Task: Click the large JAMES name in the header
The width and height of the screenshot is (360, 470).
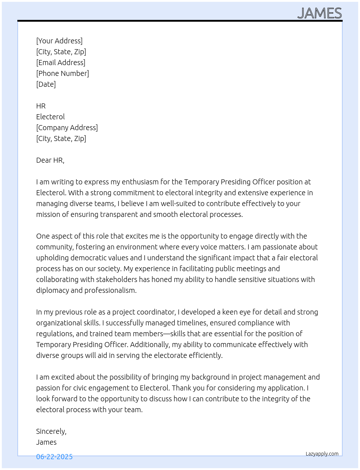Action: [x=320, y=13]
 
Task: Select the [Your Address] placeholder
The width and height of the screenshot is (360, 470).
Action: [x=59, y=41]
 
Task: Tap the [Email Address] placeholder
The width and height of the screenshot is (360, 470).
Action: [x=61, y=63]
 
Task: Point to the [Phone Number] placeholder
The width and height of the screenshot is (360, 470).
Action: [x=63, y=73]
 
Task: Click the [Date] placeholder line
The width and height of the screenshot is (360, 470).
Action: [x=46, y=84]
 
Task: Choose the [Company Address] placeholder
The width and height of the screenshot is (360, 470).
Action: [x=67, y=128]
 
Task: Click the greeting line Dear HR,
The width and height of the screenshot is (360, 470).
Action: [x=50, y=160]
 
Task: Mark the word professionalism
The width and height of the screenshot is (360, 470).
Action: [x=111, y=290]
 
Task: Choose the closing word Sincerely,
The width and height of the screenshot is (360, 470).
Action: [x=51, y=431]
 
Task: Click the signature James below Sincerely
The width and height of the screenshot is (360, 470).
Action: [x=46, y=442]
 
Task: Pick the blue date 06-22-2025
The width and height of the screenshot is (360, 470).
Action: [x=54, y=457]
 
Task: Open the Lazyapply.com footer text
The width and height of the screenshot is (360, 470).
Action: [x=322, y=454]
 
